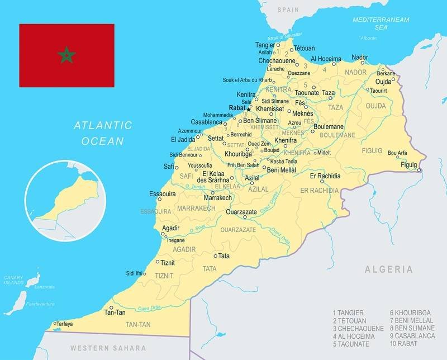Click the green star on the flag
coord(66,55)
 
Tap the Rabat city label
coord(237,108)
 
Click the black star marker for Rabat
coord(249,109)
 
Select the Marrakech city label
coord(218,198)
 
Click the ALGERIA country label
coord(389,269)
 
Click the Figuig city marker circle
coord(420,170)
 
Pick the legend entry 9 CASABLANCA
coord(413,337)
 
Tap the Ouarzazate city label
coord(241,212)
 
